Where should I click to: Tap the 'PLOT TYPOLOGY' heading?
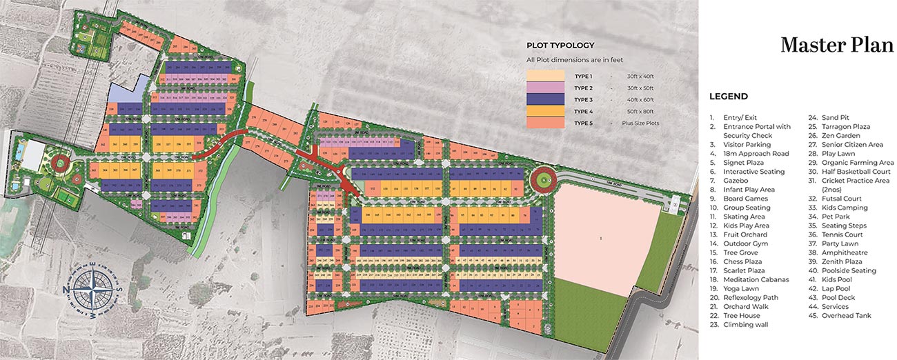560,46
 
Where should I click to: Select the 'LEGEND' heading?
728,97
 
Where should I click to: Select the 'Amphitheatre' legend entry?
844,253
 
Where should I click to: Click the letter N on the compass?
68,289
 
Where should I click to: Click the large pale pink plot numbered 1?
601,238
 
